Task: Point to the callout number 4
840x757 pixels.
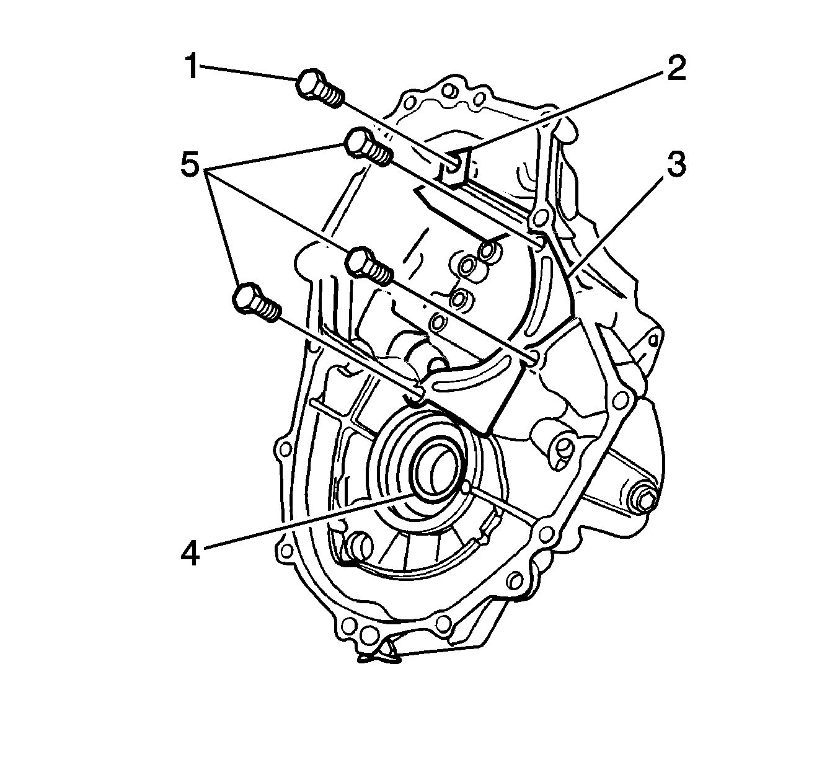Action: [190, 552]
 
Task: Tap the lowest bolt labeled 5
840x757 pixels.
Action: [256, 303]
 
